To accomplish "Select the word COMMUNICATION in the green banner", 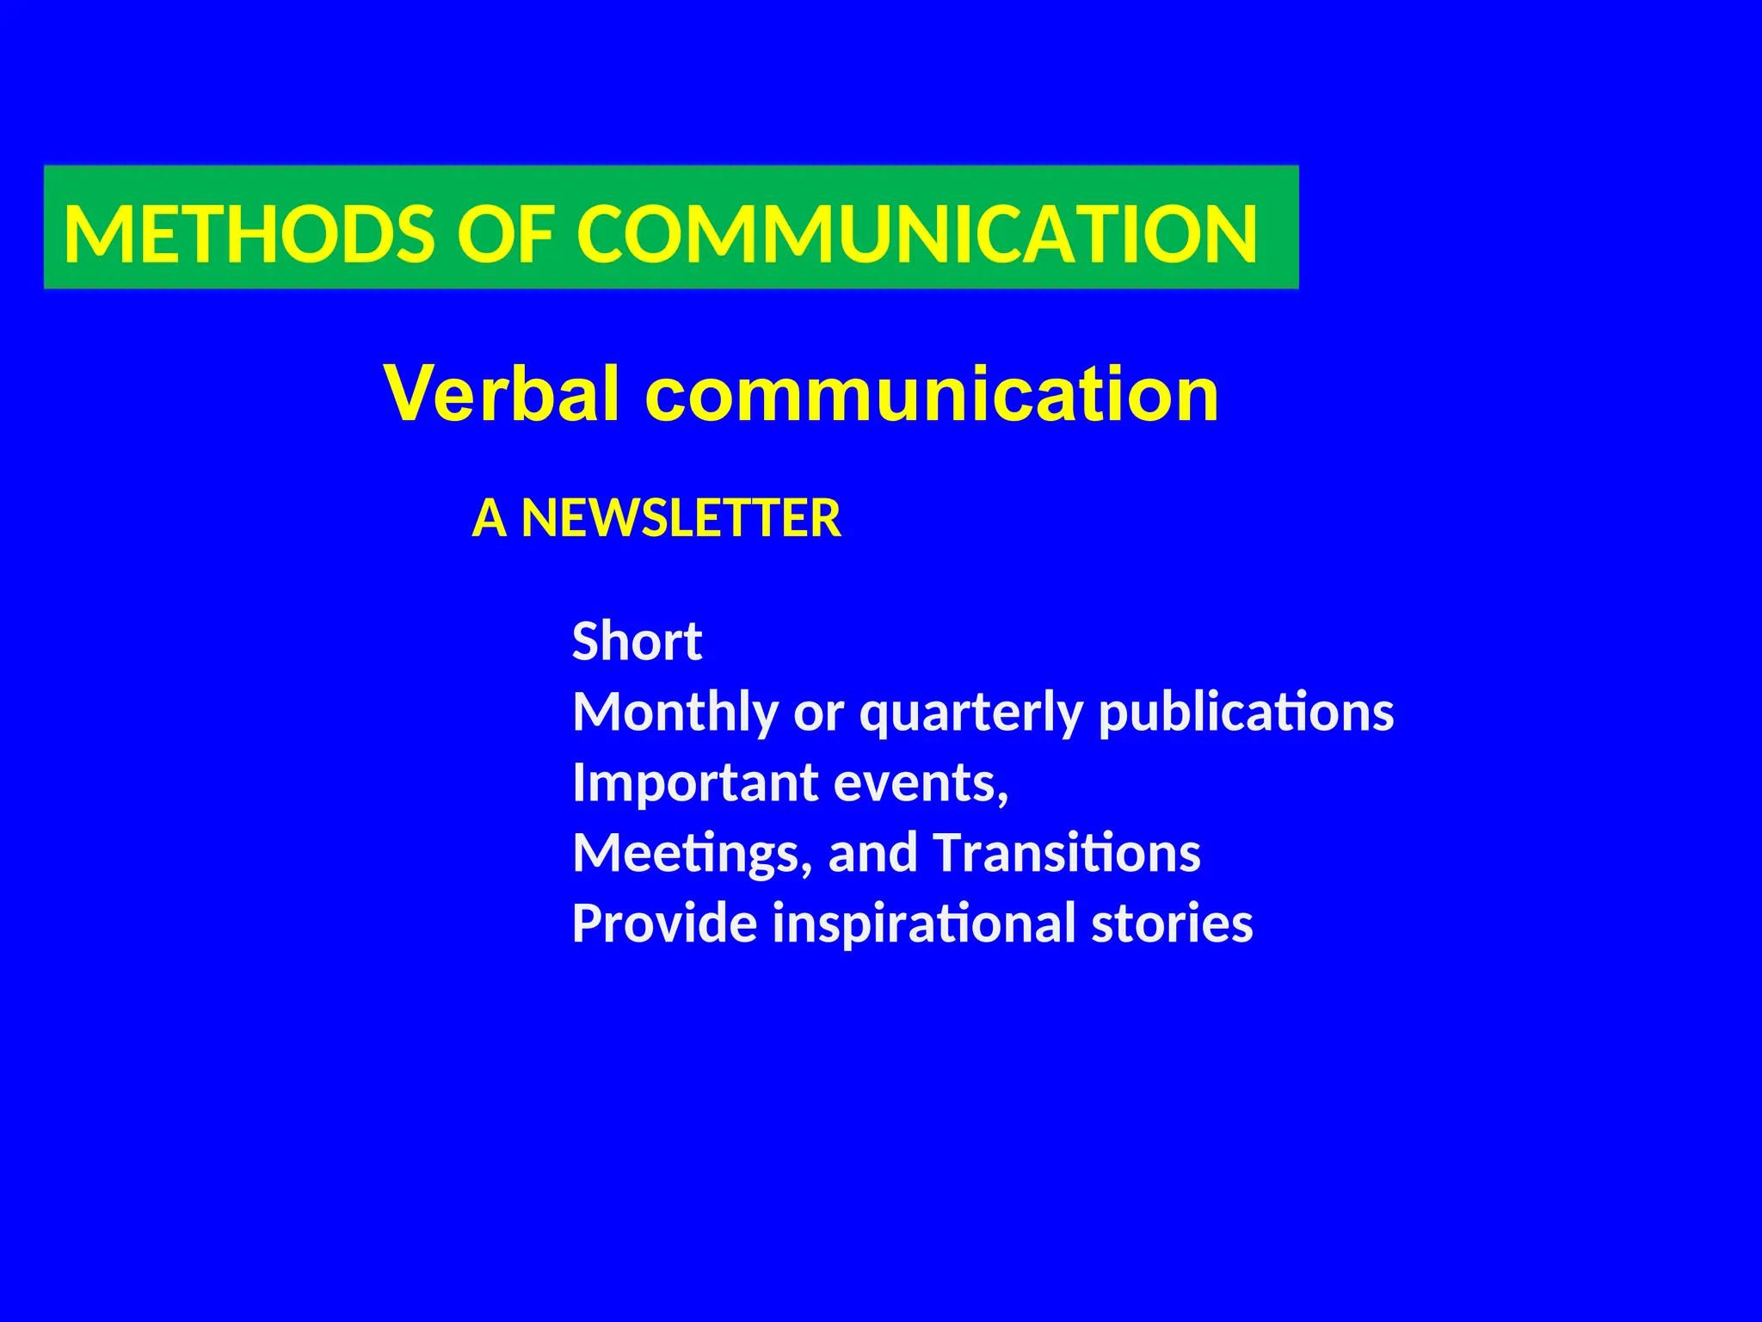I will point(917,234).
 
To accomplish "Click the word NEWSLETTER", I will point(681,518).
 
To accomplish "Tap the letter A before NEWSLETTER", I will point(489,518).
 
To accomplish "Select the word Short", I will point(637,641).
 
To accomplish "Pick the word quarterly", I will point(971,713).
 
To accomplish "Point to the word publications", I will point(1247,713).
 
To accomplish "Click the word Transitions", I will point(1066,853).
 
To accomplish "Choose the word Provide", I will point(665,924).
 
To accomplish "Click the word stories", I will point(1172,924).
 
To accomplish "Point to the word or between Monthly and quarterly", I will point(818,714).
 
